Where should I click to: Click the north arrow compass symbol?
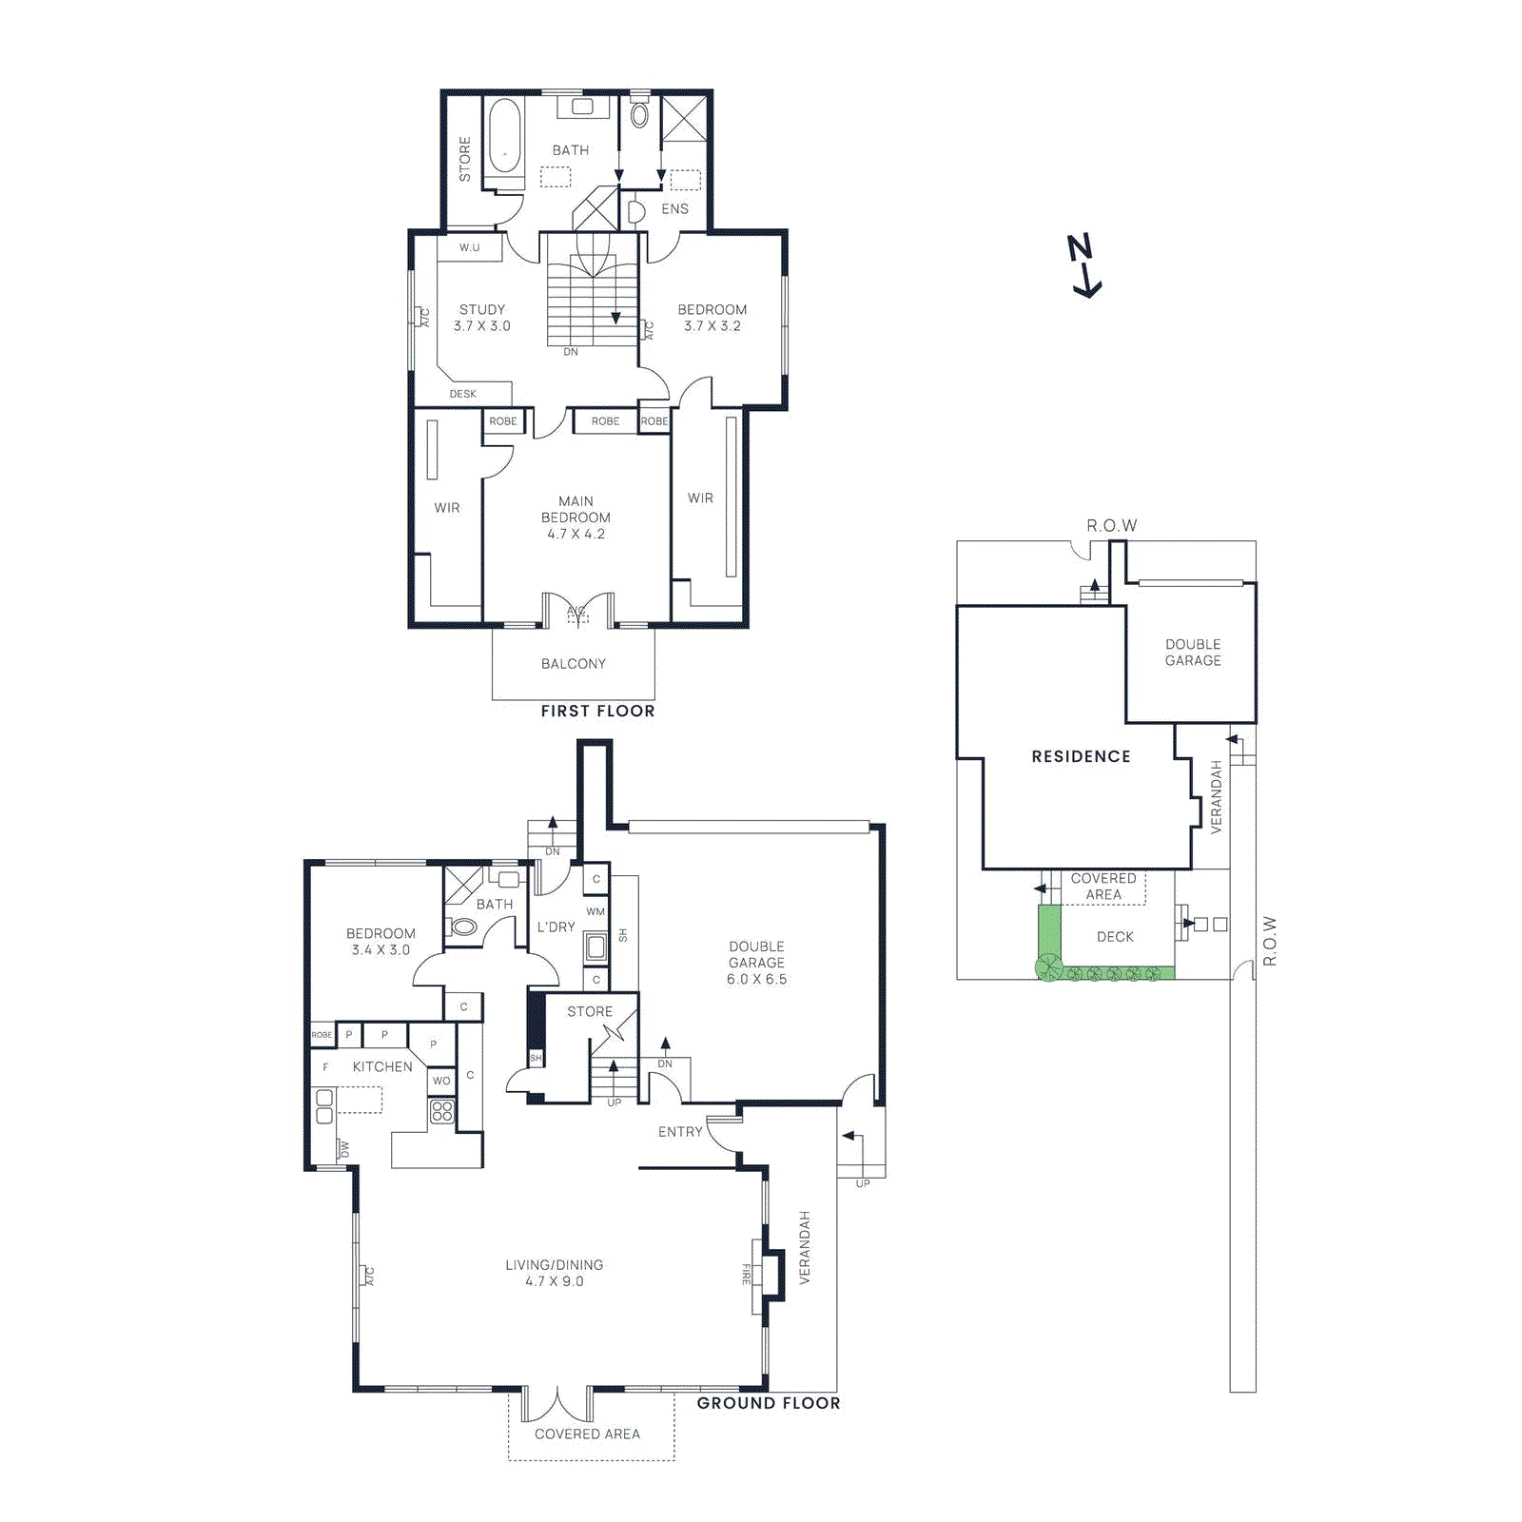point(1083,265)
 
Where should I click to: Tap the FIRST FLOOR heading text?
point(597,711)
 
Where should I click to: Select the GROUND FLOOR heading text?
point(768,1403)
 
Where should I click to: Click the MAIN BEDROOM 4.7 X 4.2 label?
point(576,517)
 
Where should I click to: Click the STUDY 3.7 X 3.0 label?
point(482,318)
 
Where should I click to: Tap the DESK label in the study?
point(463,394)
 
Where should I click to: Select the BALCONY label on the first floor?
point(573,664)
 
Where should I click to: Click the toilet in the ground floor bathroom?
point(462,926)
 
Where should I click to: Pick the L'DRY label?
point(556,927)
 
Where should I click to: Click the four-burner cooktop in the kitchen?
point(441,1110)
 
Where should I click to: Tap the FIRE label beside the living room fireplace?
point(747,1275)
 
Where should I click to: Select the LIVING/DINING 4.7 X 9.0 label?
point(554,1273)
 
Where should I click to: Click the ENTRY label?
point(680,1132)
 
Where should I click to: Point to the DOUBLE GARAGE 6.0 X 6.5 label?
point(756,963)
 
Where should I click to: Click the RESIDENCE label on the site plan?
point(1081,756)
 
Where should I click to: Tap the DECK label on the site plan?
point(1115,937)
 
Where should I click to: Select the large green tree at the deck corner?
point(1048,968)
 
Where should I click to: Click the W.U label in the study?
point(469,247)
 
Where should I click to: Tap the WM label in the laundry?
point(595,911)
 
